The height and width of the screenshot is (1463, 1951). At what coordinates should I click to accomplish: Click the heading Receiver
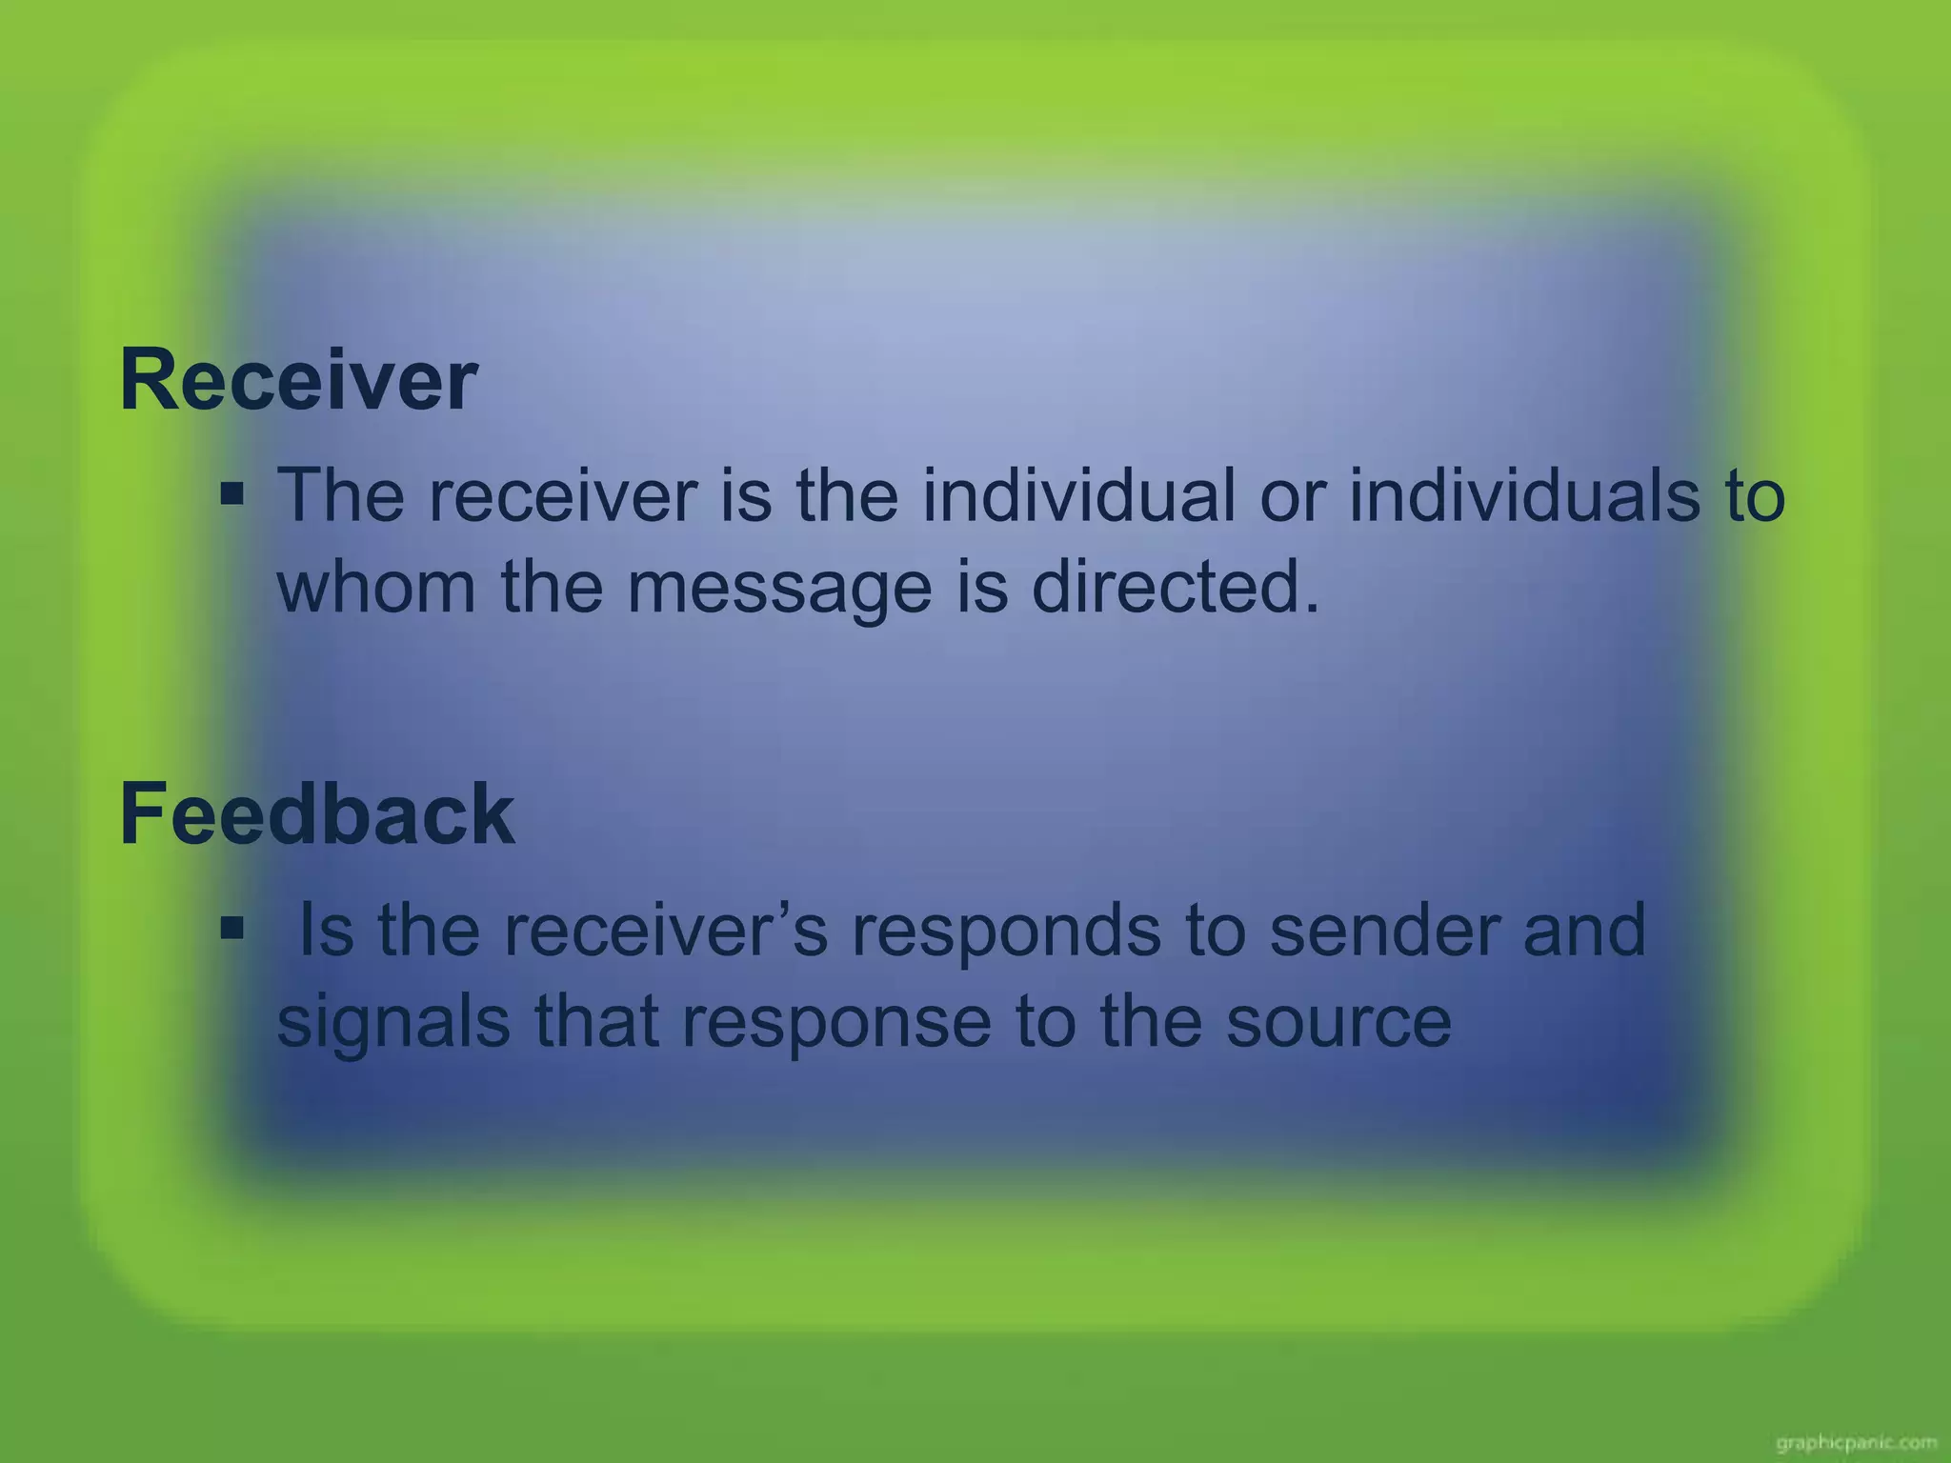pos(298,381)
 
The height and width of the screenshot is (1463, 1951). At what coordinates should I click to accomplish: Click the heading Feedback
pos(317,813)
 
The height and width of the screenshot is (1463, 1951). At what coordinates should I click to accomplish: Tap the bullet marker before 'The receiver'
pos(231,495)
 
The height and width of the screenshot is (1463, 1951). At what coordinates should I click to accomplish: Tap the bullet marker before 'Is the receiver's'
pos(231,927)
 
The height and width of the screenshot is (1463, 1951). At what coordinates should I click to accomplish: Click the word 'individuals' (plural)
pos(1523,495)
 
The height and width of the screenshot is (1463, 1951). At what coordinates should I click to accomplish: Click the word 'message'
pos(778,589)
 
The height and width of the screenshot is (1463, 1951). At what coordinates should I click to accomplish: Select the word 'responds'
pos(1005,932)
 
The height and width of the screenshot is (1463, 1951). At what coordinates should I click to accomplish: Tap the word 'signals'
pos(392,1023)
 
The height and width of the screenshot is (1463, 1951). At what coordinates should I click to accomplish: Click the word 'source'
pos(1338,1023)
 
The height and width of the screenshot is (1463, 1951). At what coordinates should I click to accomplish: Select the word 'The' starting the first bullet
pos(340,495)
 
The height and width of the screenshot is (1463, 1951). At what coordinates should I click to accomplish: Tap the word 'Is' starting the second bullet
pos(326,930)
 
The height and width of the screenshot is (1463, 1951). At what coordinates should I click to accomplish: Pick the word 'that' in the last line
pos(595,1021)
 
